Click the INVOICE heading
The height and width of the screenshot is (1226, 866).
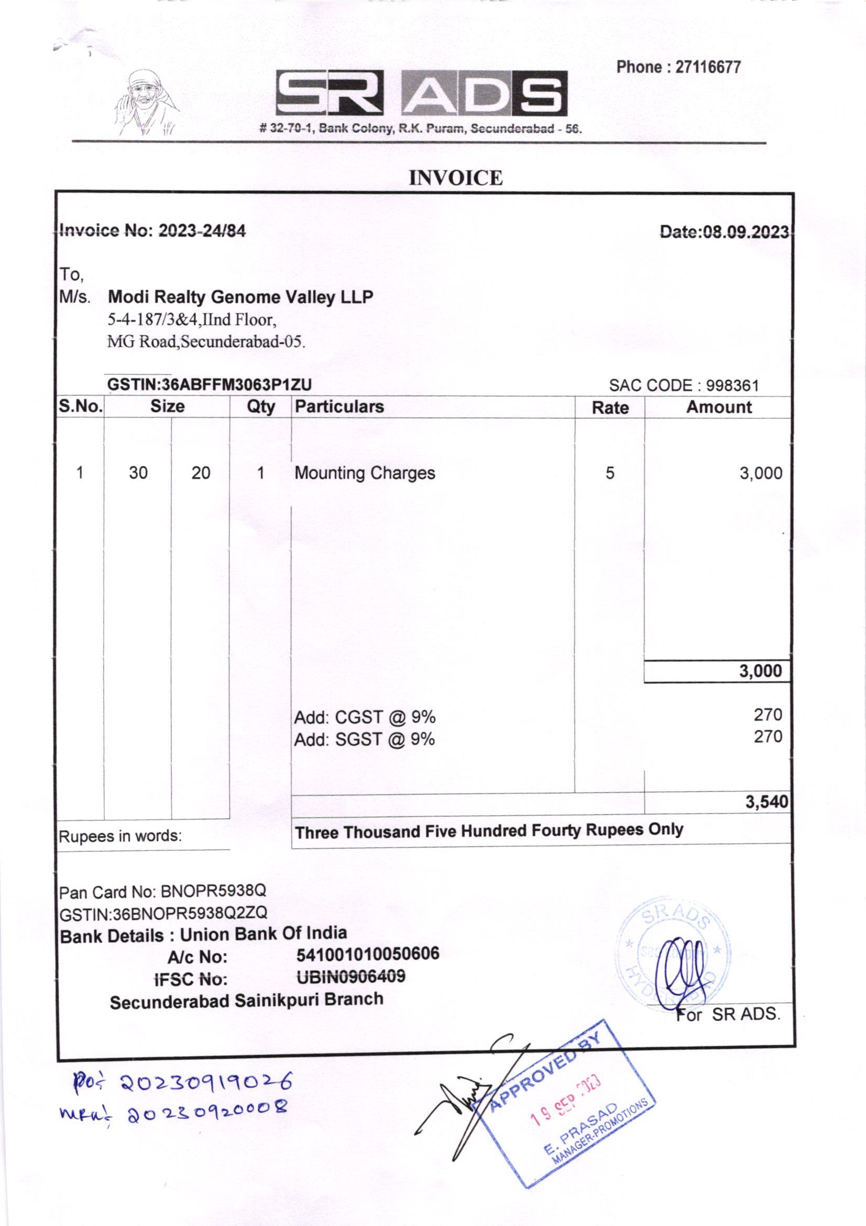tap(456, 178)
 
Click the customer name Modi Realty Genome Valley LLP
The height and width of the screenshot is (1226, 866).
tap(240, 297)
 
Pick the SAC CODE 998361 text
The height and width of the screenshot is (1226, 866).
tap(684, 385)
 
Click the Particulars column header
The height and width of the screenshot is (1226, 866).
tap(339, 407)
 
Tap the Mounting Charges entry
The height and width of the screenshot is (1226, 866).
tap(365, 473)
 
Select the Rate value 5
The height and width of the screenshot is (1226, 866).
tap(610, 473)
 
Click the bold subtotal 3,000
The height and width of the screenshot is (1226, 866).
tap(760, 671)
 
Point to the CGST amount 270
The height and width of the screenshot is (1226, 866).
tap(768, 714)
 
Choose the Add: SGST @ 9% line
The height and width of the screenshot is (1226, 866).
tap(365, 739)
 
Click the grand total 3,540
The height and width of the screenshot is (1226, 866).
tap(768, 801)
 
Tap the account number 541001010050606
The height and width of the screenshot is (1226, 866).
tap(368, 954)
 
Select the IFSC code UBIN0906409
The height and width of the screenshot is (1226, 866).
tap(350, 976)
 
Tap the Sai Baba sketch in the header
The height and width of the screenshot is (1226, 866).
tap(147, 104)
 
